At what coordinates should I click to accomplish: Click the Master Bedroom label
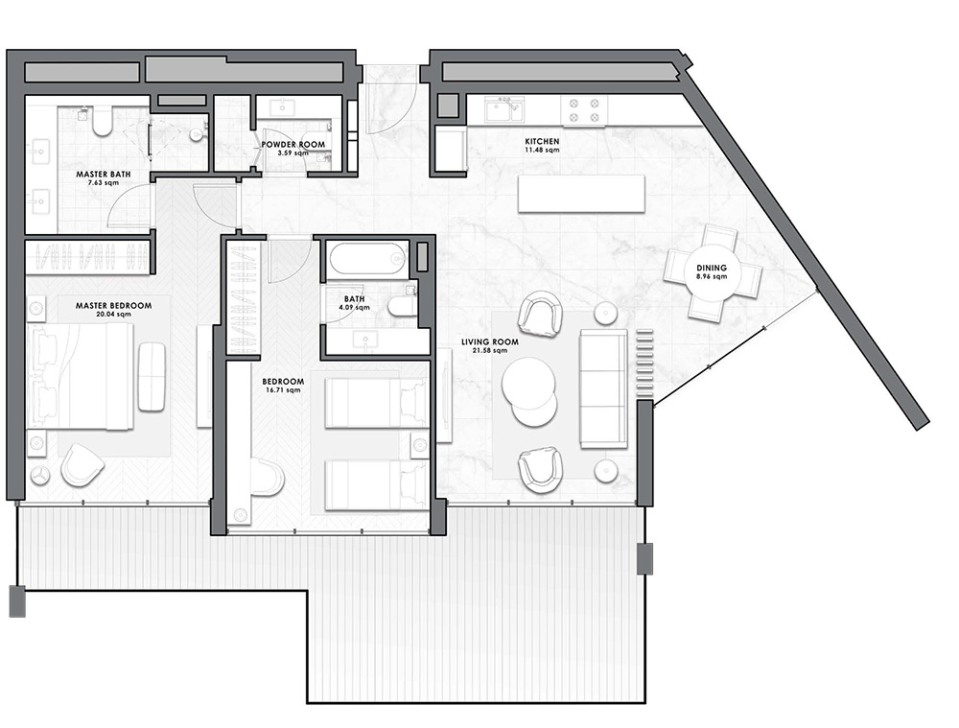tap(113, 305)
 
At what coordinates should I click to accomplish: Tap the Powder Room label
tap(292, 145)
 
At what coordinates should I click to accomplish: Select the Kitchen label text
tap(542, 141)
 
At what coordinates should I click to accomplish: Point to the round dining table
tap(712, 272)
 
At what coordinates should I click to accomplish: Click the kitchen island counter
tap(582, 194)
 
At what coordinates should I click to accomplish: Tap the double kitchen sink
tap(504, 110)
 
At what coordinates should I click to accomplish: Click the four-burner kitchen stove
tap(584, 110)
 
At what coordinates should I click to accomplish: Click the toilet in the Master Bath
tap(102, 121)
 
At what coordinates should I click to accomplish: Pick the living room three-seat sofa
tap(603, 388)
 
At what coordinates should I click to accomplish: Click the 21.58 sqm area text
tap(490, 350)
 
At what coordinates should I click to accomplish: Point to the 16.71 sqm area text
tap(283, 389)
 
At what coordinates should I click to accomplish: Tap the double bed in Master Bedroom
tap(81, 376)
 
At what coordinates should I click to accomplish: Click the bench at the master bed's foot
tap(152, 376)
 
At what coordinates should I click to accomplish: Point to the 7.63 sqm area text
tap(104, 182)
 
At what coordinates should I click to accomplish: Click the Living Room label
tap(490, 342)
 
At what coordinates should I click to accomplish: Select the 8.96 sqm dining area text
tap(712, 276)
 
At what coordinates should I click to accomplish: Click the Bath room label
tap(354, 299)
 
